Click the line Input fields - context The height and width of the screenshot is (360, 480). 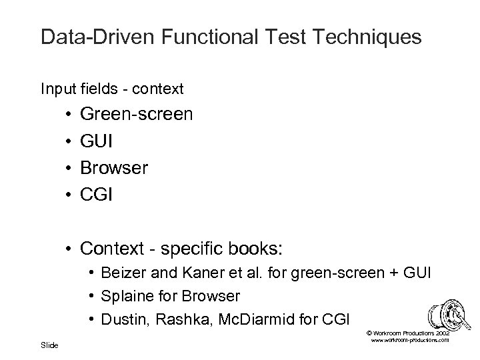112,88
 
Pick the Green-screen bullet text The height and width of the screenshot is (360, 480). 137,115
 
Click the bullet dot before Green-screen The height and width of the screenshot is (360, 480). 69,115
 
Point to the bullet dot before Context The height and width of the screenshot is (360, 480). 69,249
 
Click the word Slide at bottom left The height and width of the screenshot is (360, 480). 49,345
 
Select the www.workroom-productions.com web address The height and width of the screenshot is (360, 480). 408,340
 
